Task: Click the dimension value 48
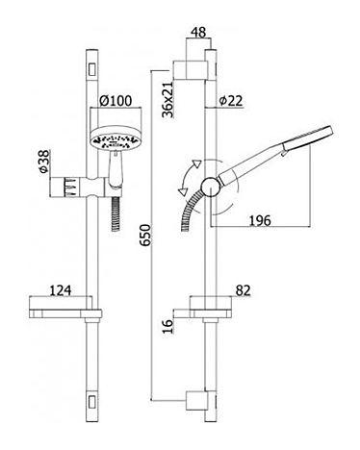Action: pos(198,33)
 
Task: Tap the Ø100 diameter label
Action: pos(116,101)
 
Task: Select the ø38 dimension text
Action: pos(44,162)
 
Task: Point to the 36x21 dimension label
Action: pos(167,99)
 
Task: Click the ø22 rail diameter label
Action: pos(231,101)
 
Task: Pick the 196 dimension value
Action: pos(260,220)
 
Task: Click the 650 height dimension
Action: pos(144,236)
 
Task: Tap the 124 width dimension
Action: pos(61,290)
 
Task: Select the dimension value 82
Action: pos(243,290)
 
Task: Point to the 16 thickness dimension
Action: pos(167,326)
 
